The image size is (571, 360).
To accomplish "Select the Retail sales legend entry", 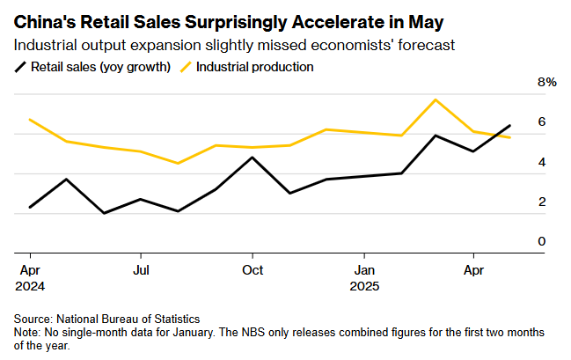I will point(92,66).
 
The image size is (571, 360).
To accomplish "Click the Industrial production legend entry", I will point(245,66).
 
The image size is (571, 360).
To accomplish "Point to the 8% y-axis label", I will point(547,82).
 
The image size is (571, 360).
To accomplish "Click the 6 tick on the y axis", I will point(542,121).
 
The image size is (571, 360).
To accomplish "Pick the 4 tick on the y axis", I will point(542,162).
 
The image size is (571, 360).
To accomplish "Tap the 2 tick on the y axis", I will point(542,202).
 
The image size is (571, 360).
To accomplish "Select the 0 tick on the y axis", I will point(542,241).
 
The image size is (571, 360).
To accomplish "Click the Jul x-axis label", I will point(141,269).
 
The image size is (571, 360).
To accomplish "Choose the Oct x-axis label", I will point(253,269).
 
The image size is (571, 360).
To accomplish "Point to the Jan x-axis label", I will point(364,269).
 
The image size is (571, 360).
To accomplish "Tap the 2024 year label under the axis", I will point(30,286).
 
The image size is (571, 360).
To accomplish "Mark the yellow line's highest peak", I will point(436,99).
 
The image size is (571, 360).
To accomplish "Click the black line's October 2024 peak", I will point(253,158).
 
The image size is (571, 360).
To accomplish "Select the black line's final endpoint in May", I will point(510,125).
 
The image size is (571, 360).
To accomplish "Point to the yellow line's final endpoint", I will point(510,137).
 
